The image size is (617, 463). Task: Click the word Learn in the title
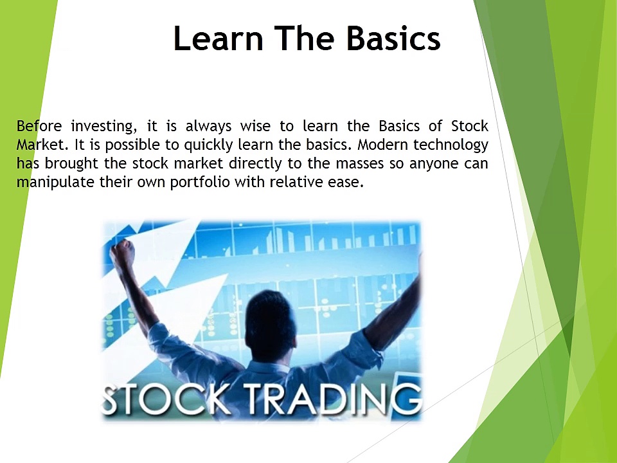point(219,39)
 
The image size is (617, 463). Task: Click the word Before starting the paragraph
point(39,125)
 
